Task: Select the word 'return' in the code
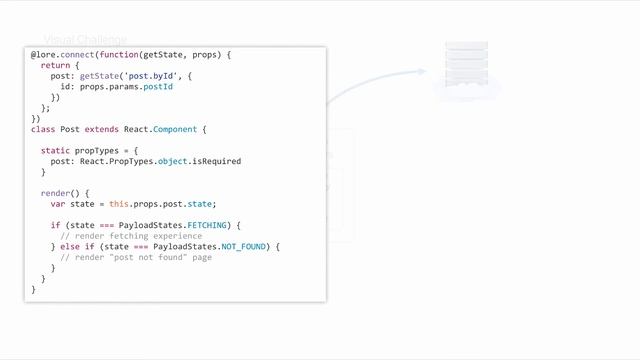click(55, 65)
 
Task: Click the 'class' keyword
click(43, 129)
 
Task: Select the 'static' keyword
click(55, 150)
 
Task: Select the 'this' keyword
click(119, 204)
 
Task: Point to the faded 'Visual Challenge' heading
click(85, 40)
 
